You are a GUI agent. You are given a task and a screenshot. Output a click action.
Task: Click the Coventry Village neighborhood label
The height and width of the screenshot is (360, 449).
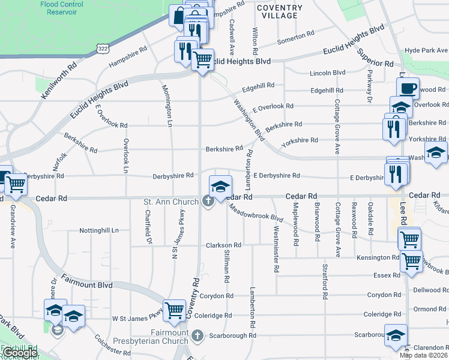pyautogui.click(x=279, y=12)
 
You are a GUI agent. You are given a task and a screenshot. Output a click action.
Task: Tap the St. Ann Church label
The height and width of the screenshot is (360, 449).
pyautogui.click(x=170, y=202)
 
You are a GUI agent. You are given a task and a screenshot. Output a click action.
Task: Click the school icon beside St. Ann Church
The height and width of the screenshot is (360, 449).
pyautogui.click(x=220, y=187)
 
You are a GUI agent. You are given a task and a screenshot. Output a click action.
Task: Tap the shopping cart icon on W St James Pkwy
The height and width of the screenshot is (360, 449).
pyautogui.click(x=174, y=310)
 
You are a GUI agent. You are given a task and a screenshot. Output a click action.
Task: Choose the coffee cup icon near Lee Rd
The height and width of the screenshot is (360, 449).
pyautogui.click(x=408, y=88)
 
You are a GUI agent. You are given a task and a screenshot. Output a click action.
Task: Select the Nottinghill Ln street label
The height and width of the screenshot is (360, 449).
pyautogui.click(x=99, y=230)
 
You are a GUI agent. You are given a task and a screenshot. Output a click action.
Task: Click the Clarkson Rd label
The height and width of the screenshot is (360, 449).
pyautogui.click(x=223, y=245)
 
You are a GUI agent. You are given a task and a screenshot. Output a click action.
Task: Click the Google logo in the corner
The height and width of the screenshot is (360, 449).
pyautogui.click(x=19, y=353)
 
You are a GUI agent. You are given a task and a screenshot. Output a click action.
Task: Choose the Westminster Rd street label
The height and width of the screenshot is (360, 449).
pyautogui.click(x=276, y=248)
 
